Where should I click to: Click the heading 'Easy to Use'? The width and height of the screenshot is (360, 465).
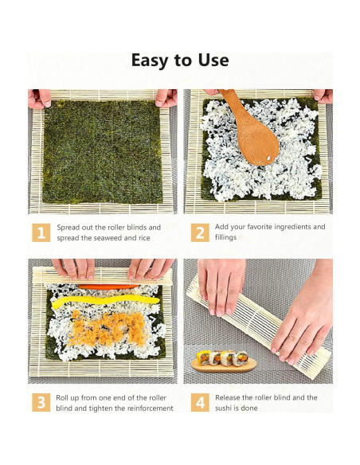(x=180, y=61)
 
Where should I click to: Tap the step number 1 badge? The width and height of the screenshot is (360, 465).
(x=39, y=232)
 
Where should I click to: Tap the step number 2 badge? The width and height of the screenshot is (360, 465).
(x=200, y=232)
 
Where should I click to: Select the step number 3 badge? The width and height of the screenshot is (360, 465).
(x=39, y=402)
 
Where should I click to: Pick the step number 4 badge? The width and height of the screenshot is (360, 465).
(x=200, y=402)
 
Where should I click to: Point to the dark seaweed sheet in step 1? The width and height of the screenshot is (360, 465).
(x=102, y=151)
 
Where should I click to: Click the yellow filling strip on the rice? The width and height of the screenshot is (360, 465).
(x=96, y=302)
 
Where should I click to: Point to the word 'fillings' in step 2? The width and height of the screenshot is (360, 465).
(x=226, y=237)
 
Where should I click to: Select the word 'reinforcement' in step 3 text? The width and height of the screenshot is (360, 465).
(x=143, y=408)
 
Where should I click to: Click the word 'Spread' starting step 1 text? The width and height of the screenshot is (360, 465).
(x=69, y=227)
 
